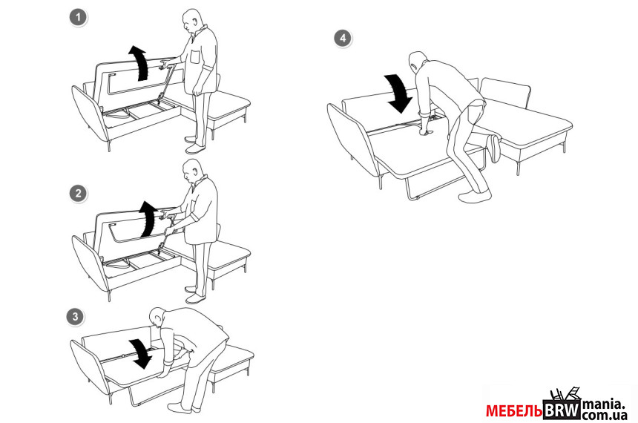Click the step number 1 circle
pos(78,18)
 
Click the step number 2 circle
pos(78,194)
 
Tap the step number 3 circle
pos(75,317)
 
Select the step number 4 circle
pos(343,39)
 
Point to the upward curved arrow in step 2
pos(148,218)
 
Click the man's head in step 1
pos(191,21)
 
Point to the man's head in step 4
pos(417,61)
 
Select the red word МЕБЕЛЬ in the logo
pos(514,411)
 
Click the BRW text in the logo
pos(562,410)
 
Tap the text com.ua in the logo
pos(604,416)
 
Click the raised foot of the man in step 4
pos(495,148)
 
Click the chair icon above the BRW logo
pos(565,394)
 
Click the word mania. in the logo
pos(603,404)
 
